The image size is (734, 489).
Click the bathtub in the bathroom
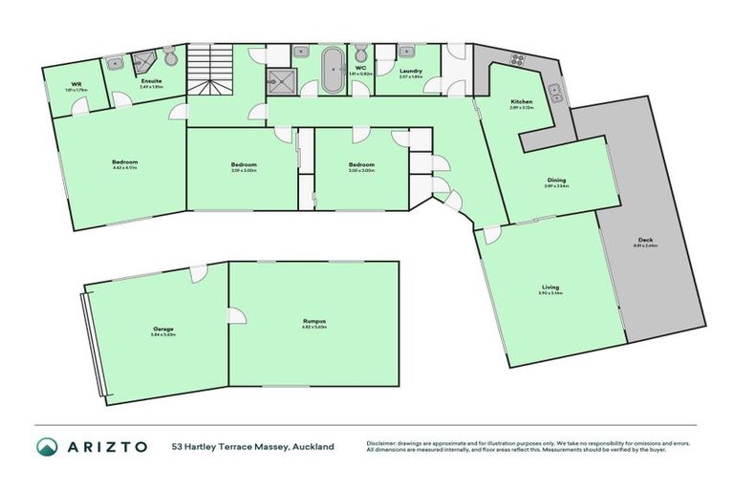click(333, 72)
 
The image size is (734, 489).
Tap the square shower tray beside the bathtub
click(282, 82)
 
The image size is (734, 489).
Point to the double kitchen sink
click(557, 94)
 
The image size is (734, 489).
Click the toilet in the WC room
click(360, 53)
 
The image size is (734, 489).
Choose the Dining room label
click(556, 181)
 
